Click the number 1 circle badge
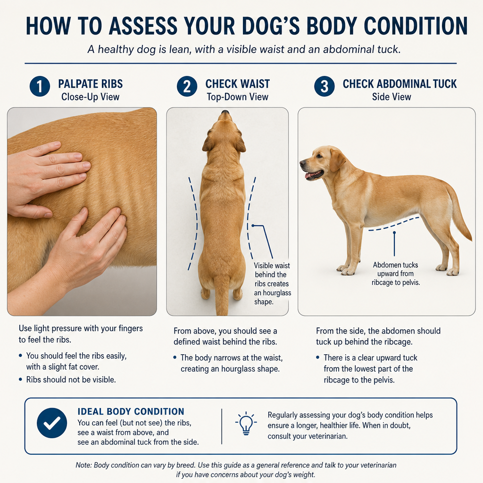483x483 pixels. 40,86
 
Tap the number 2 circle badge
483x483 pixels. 187,86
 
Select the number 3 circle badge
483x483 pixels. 325,86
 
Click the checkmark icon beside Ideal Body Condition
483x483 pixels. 52,423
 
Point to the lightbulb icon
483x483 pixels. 246,423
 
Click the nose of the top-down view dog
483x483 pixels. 225,113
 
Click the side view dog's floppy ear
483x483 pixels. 337,160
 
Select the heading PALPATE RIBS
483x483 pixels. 90,84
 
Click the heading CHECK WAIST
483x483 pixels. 238,84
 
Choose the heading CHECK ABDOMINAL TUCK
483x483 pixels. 400,84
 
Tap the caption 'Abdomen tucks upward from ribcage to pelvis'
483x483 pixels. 396,274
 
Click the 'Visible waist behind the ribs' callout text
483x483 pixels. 272,275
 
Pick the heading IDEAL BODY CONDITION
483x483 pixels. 131,411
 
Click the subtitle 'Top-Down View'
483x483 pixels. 238,97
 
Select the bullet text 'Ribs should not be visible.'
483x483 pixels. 71,380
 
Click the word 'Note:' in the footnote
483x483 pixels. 83,465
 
